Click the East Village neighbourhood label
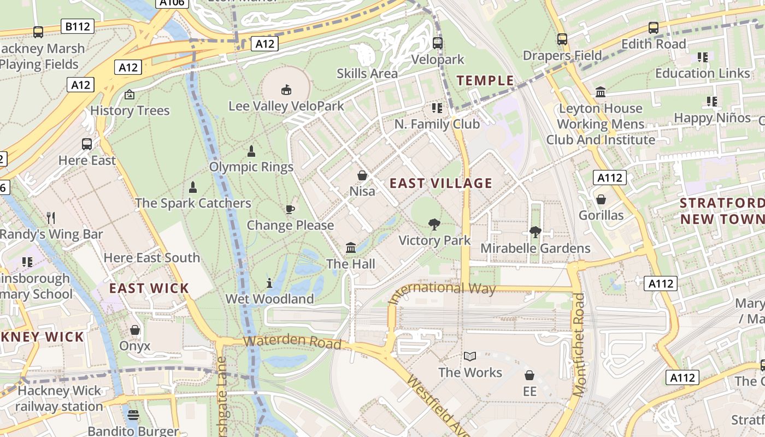click(x=441, y=183)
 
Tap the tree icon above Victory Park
click(x=434, y=224)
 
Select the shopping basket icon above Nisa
click(x=362, y=175)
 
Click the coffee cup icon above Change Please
click(x=290, y=209)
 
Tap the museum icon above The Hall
click(x=351, y=248)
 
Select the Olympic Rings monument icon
click(x=251, y=151)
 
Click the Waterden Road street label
click(x=292, y=342)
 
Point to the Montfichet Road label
click(x=580, y=344)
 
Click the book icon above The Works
click(x=469, y=357)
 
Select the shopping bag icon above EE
click(x=529, y=375)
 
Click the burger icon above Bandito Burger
click(x=133, y=415)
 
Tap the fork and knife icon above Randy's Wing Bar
click(x=51, y=218)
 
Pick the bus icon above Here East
click(x=87, y=144)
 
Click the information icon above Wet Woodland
click(x=269, y=283)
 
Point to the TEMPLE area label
click(x=485, y=81)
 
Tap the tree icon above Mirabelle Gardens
click(x=535, y=232)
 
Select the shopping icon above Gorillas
click(x=601, y=199)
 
